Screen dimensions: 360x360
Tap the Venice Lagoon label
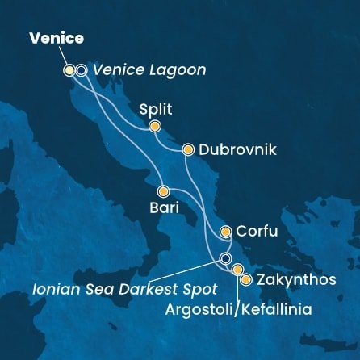149,70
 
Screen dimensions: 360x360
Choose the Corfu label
259,232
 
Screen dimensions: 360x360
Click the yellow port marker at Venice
69,70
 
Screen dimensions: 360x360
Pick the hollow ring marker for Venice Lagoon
82,70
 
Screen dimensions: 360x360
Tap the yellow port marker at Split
154,126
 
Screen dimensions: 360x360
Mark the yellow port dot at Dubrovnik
188,149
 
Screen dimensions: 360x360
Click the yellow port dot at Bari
163,192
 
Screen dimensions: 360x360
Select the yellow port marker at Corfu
226,232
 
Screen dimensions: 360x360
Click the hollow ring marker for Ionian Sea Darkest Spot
225,258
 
